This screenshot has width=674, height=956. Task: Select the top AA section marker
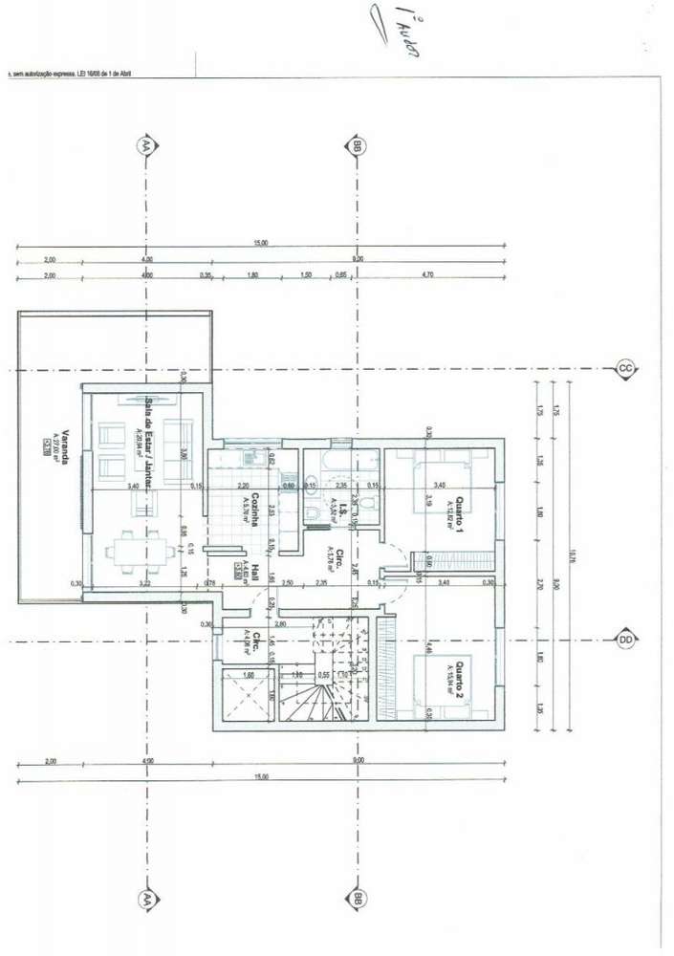point(146,146)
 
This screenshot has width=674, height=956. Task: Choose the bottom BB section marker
point(356,899)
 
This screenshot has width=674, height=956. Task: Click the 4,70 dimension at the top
point(427,275)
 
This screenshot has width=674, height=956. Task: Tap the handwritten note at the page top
point(398,33)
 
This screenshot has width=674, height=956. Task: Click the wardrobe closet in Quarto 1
point(454,561)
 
